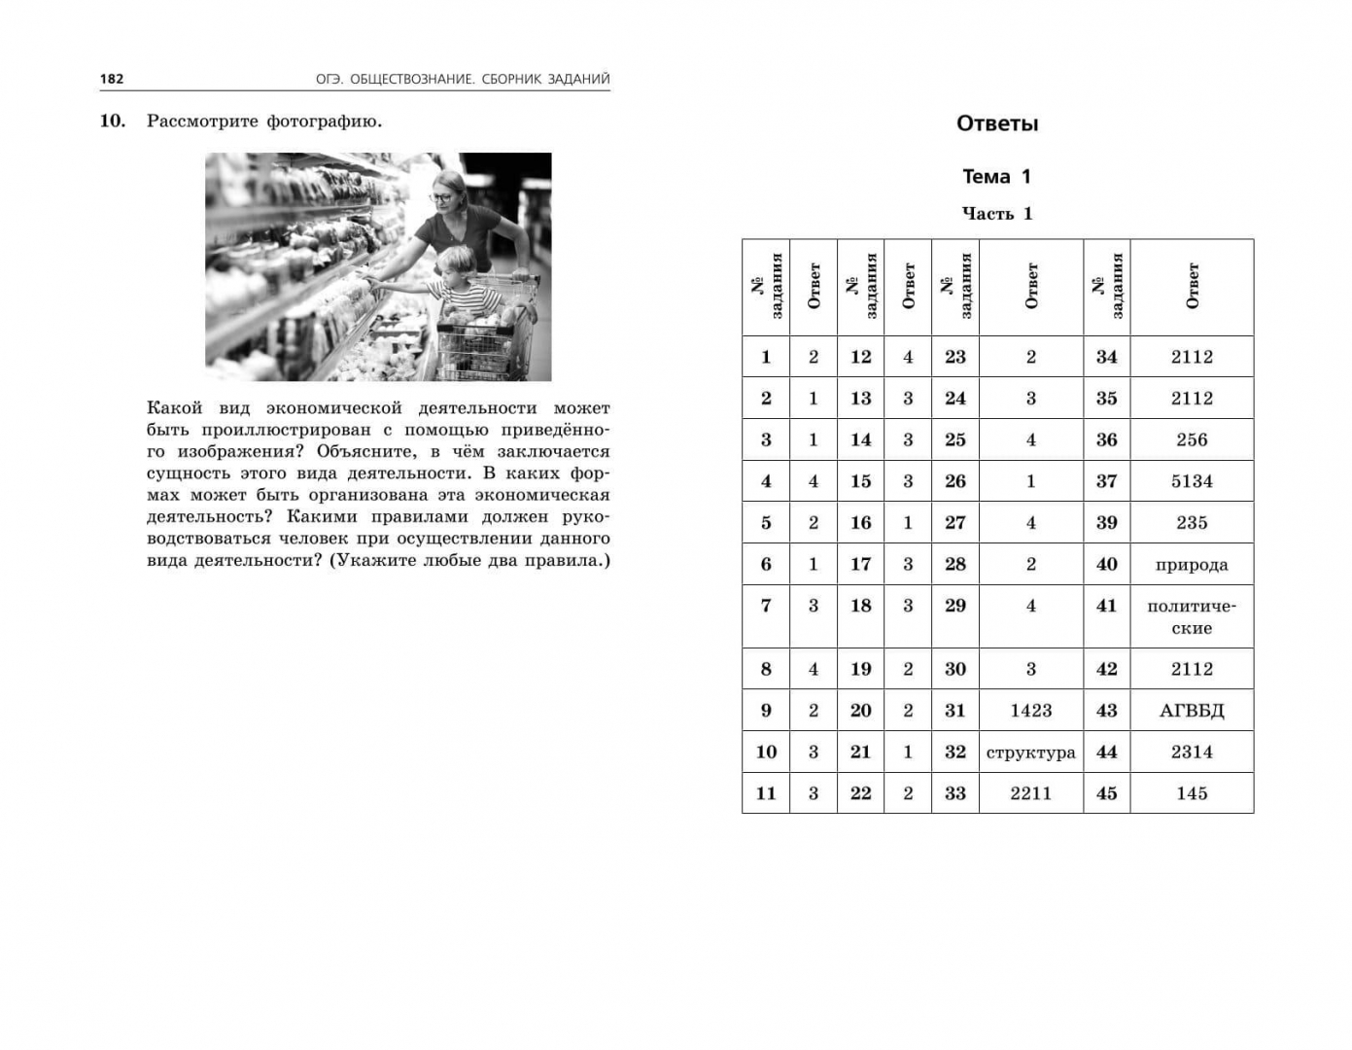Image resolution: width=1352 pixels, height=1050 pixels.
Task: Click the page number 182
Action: (x=112, y=79)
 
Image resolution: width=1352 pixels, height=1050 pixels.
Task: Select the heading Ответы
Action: (x=997, y=123)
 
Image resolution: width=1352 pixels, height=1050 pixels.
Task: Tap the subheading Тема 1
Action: (x=996, y=176)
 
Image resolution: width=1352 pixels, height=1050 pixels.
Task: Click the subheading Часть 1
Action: (x=997, y=214)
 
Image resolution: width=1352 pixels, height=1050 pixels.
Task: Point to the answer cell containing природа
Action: (x=1192, y=565)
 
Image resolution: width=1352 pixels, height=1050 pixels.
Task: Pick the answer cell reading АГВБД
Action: (x=1192, y=711)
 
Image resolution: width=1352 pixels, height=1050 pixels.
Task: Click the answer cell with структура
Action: (x=1030, y=752)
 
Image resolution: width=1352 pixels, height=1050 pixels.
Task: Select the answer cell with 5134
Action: (x=1192, y=481)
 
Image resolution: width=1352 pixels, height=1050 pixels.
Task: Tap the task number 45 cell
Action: (x=1106, y=793)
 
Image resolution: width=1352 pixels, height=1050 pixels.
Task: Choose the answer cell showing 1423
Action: (x=1030, y=711)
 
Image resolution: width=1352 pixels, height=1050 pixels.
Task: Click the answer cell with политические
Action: (x=1192, y=616)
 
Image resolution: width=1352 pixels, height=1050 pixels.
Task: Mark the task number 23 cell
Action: (x=954, y=357)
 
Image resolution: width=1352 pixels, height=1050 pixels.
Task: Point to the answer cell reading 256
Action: (x=1192, y=439)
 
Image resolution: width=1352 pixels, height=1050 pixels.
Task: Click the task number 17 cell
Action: (x=860, y=564)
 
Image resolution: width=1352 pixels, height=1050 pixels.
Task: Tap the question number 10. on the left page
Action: (x=113, y=122)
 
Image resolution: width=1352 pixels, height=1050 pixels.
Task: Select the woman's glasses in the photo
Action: (x=441, y=197)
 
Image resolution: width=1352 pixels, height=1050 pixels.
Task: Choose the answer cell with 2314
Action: (x=1192, y=752)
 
